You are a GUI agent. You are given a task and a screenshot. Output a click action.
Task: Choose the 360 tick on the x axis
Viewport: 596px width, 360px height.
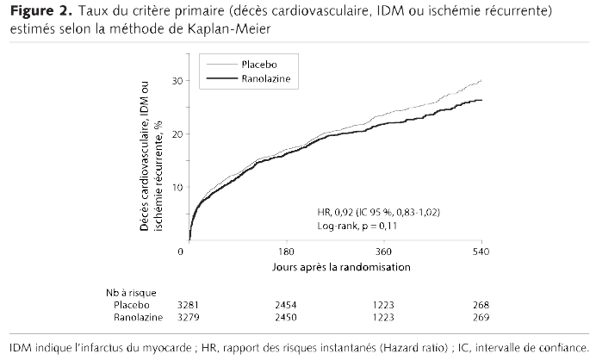coord(383,251)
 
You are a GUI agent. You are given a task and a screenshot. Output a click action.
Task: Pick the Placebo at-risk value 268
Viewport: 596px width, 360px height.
coord(481,305)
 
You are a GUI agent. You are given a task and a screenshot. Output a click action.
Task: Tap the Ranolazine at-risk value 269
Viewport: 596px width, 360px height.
coord(481,318)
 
